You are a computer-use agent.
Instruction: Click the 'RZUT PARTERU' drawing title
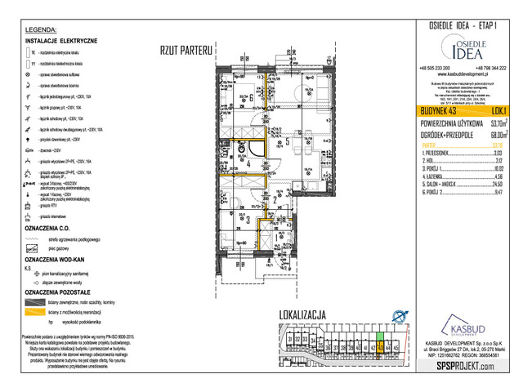(x=186, y=51)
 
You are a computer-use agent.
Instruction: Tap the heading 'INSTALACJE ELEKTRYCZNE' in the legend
(x=62, y=40)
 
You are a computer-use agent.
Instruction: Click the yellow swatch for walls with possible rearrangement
(x=35, y=311)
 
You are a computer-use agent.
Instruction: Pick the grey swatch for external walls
(x=35, y=300)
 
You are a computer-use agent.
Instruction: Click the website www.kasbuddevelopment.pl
(x=463, y=75)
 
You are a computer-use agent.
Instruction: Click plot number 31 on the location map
(x=289, y=336)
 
